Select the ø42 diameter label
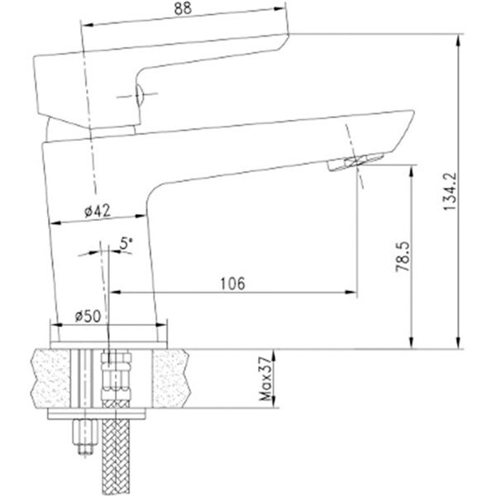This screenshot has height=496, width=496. pos(98,211)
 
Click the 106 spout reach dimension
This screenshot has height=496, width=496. pos(231,283)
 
